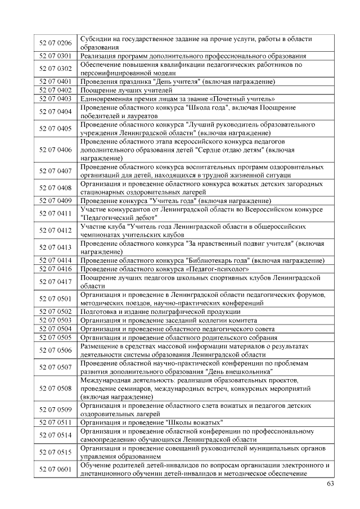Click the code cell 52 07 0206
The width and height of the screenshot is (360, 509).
[56, 43]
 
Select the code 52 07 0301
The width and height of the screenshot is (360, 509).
[56, 56]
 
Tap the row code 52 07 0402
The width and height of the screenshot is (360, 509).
[56, 90]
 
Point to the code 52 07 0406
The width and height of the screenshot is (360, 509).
[56, 150]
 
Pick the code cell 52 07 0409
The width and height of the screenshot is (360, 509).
[56, 201]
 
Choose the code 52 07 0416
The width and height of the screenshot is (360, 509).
[56, 269]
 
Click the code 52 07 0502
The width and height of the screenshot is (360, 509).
[56, 311]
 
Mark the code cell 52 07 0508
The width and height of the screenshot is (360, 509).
[56, 389]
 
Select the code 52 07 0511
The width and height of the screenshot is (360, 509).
[56, 422]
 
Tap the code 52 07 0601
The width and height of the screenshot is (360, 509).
[56, 469]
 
